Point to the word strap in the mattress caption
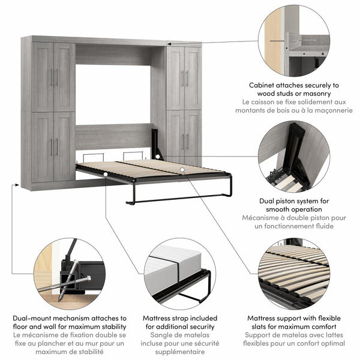tap(185, 318)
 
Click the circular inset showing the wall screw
tap(294, 39)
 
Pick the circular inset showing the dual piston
tap(294, 157)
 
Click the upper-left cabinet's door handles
tap(54, 76)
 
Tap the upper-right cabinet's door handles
tap(185, 77)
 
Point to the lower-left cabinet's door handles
tap(54, 146)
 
